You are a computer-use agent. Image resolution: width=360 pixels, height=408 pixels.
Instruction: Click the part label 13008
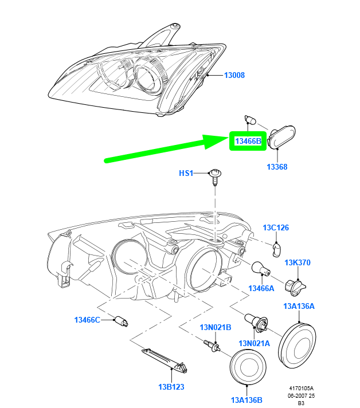[234, 75]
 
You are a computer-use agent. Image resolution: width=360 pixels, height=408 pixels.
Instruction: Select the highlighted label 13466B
[248, 141]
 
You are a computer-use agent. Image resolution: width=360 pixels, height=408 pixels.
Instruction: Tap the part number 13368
[277, 167]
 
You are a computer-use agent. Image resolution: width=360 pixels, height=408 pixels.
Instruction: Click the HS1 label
[186, 173]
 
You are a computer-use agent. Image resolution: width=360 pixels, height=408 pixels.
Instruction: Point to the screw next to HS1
[215, 177]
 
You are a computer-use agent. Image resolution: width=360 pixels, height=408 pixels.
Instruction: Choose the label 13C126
[276, 227]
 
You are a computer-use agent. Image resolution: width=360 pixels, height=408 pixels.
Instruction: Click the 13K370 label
[298, 262]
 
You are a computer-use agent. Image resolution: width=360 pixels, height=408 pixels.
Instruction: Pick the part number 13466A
[261, 288]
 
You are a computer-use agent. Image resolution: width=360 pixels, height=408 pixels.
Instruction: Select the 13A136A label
[299, 306]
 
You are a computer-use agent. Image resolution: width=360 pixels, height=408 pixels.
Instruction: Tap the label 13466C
[87, 320]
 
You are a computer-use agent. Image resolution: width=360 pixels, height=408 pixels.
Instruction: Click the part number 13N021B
[216, 327]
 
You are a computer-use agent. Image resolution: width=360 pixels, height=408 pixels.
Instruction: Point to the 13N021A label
[255, 343]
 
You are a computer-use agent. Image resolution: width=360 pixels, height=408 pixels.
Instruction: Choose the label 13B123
[171, 387]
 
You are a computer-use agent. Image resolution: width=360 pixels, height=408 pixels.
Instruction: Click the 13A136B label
[246, 400]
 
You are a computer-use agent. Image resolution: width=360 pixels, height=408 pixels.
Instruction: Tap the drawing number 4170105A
[301, 389]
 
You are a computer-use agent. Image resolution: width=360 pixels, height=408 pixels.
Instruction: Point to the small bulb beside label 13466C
[122, 321]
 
